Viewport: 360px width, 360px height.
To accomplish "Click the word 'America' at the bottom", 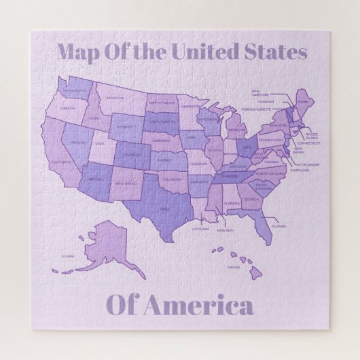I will pyautogui.click(x=204, y=306).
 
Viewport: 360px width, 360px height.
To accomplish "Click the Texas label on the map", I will pyautogui.click(x=164, y=209).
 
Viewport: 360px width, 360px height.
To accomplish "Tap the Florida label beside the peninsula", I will pyautogui.click(x=278, y=226).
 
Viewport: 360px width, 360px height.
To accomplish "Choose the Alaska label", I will pyautogui.click(x=68, y=256).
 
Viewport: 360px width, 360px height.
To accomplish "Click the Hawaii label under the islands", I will pyautogui.click(x=234, y=268).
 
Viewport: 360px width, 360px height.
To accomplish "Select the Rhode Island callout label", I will pyautogui.click(x=311, y=136).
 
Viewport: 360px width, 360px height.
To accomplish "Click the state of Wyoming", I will pyautogui.click(x=124, y=126).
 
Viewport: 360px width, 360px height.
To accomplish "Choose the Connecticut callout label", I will pyautogui.click(x=308, y=143).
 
